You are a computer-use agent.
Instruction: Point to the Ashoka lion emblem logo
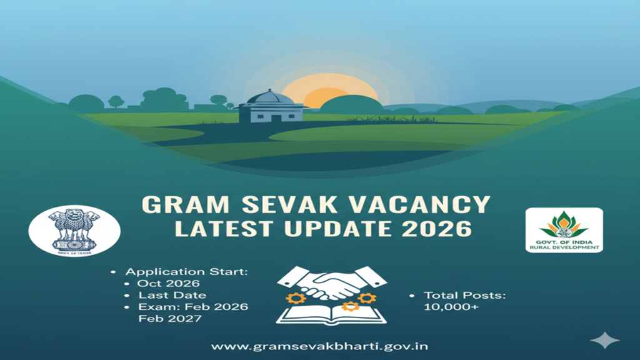[x=74, y=230]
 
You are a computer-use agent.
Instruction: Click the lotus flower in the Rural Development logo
[x=564, y=224]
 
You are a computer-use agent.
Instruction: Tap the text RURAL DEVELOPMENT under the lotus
[x=564, y=247]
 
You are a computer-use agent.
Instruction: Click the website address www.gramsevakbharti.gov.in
[x=319, y=346]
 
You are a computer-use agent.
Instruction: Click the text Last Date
[x=172, y=295]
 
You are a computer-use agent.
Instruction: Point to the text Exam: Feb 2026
[x=193, y=307]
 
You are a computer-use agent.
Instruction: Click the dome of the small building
[x=271, y=97]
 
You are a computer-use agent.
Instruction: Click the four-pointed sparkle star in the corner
[x=604, y=340]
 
